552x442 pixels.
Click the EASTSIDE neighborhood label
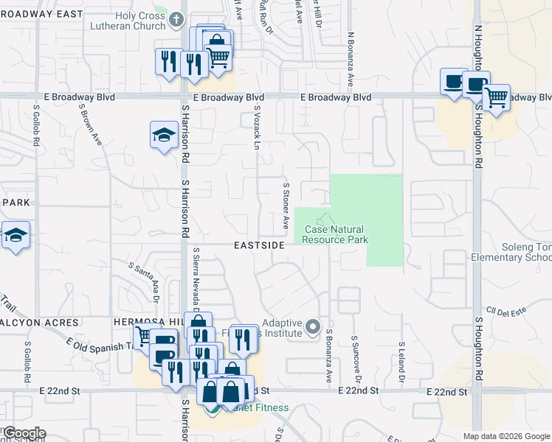[x=260, y=245]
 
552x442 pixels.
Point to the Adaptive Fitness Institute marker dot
[x=313, y=326]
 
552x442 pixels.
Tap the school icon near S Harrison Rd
[x=163, y=135]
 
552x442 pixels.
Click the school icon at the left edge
[x=15, y=236]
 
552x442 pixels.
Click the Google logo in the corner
[x=24, y=433]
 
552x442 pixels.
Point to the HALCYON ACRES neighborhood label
[x=40, y=323]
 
